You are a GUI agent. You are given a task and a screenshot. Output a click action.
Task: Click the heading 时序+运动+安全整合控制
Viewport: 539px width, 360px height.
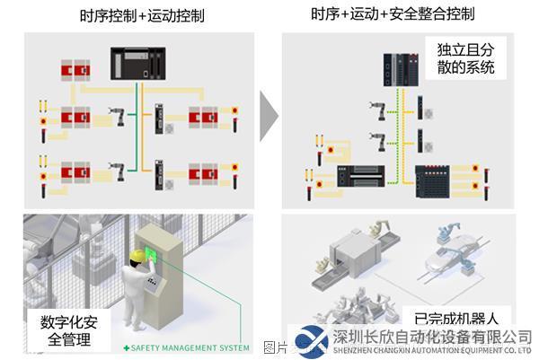tap(393, 14)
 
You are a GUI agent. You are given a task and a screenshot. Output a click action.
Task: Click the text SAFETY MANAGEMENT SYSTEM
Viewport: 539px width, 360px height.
tap(191, 347)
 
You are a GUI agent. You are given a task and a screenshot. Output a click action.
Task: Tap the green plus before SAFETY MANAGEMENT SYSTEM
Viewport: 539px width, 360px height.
tap(127, 347)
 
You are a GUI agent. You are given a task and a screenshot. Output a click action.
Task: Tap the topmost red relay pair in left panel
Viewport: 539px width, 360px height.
tap(75, 69)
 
